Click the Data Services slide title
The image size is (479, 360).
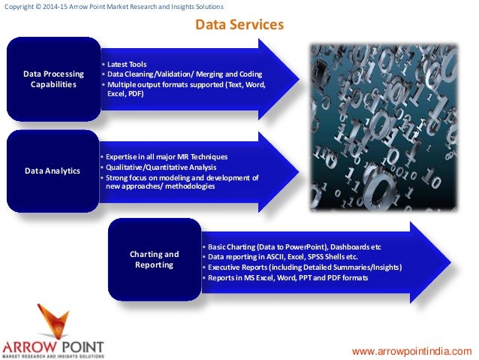(239, 25)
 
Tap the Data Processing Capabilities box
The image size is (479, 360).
(53, 80)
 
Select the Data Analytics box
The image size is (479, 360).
(53, 171)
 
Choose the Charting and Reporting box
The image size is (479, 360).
(155, 259)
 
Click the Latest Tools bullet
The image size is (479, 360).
(127, 65)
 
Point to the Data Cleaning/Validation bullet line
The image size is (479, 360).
(182, 75)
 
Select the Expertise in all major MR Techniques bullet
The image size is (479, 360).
(165, 156)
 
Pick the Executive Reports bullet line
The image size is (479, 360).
(304, 268)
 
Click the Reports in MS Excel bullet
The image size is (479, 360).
(288, 278)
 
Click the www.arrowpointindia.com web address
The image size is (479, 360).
(412, 351)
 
